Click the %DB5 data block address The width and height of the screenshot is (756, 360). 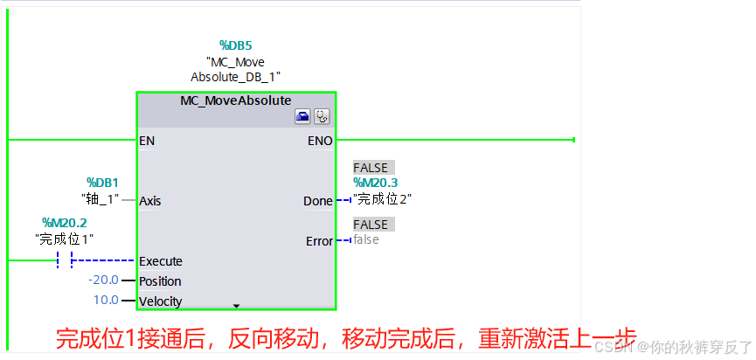coord(235,45)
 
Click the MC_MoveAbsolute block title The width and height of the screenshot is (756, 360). coord(236,100)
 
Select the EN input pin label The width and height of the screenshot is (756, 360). coord(148,140)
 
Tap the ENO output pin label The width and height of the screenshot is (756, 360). coord(320,140)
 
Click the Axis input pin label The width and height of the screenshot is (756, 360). coord(150,201)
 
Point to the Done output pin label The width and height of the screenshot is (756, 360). coord(317,201)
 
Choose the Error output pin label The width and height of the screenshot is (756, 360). coord(319,240)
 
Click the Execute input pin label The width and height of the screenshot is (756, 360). coord(161,260)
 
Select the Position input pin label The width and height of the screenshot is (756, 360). coord(160,281)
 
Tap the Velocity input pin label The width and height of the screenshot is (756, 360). coord(161,301)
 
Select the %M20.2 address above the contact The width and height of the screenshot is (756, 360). coord(65,223)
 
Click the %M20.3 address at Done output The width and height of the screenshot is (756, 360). coord(375,183)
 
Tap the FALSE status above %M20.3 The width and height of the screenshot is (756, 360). coord(371,167)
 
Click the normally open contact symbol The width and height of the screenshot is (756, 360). coord(64,260)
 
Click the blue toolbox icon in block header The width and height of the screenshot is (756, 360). coord(302,116)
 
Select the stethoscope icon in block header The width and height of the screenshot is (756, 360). coord(322,116)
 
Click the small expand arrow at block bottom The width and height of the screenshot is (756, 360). coord(236,306)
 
